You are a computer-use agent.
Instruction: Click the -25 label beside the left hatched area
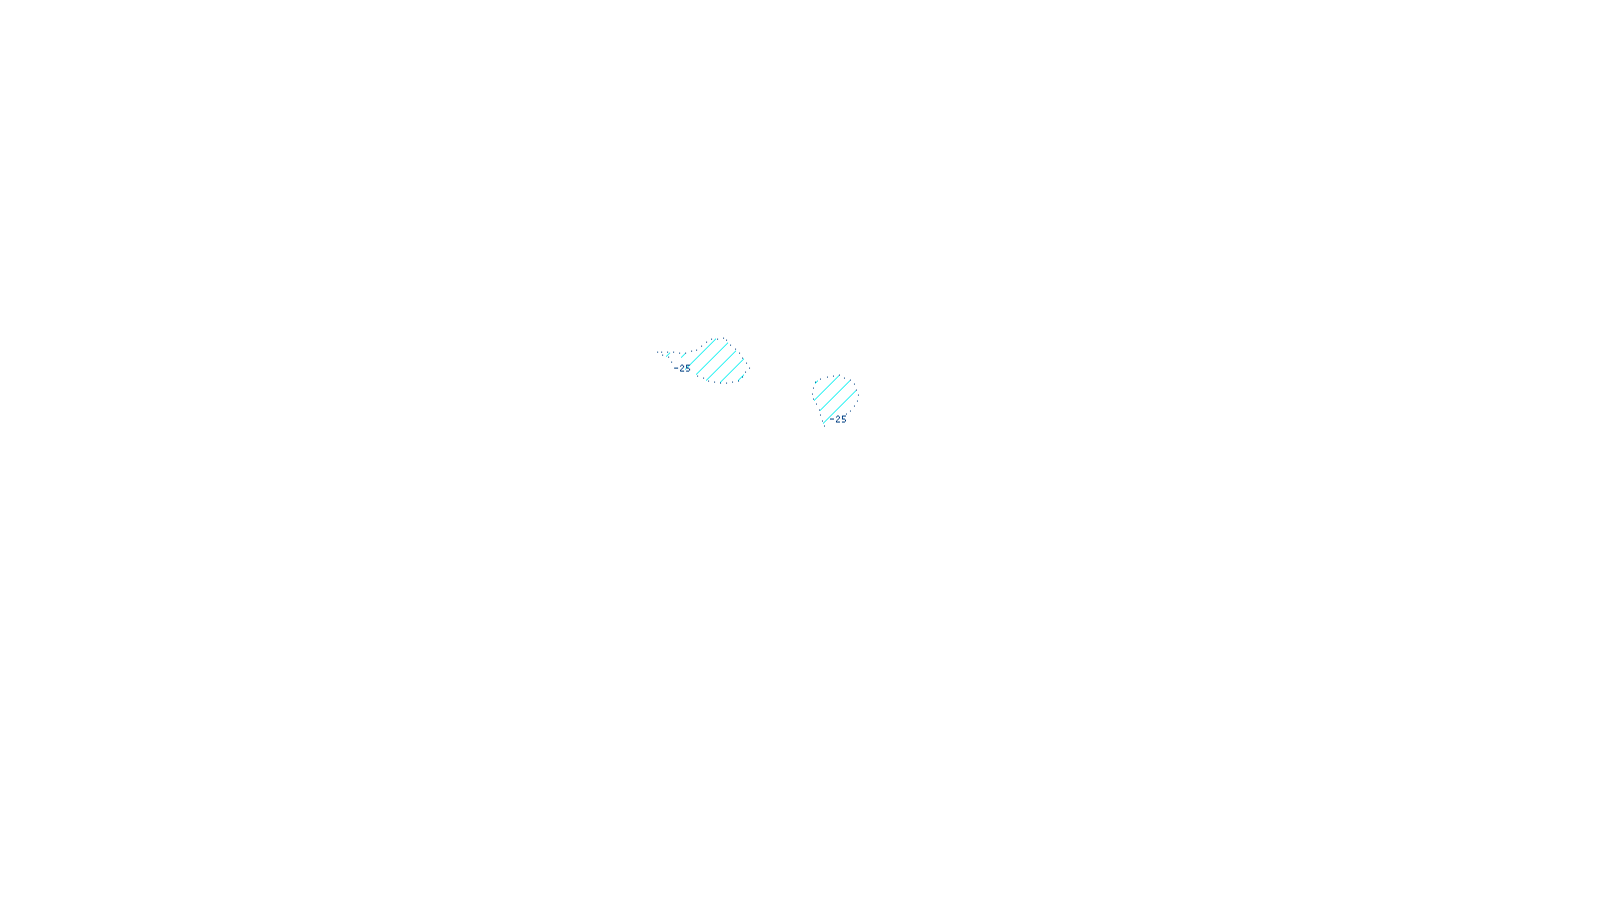click(x=682, y=369)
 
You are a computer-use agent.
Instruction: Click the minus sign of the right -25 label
click(x=832, y=419)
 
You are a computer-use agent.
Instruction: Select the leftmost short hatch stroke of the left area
click(x=668, y=355)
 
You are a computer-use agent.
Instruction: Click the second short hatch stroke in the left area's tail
click(x=683, y=356)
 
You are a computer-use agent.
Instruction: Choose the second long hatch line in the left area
click(x=712, y=359)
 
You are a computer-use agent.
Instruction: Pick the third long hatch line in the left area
click(x=721, y=366)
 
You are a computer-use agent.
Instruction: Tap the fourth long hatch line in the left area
click(x=732, y=371)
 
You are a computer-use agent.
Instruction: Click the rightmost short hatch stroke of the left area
click(x=741, y=378)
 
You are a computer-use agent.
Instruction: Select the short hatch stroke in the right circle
click(x=816, y=382)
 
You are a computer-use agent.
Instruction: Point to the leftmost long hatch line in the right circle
click(x=827, y=388)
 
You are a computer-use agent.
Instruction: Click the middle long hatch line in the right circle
click(x=835, y=395)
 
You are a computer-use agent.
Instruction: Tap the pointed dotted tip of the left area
click(x=657, y=352)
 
